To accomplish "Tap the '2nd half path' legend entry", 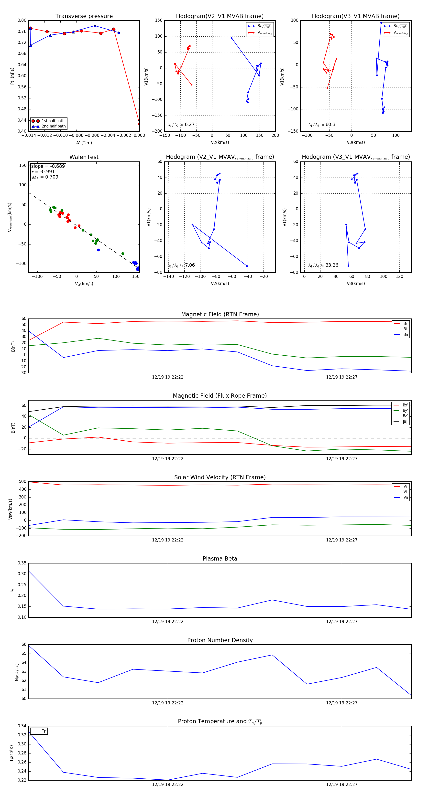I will pyautogui.click(x=54, y=127).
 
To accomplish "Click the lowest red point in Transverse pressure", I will pyautogui.click(x=139, y=124).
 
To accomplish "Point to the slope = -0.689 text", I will pyautogui.click(x=48, y=166).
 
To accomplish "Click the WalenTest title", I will pyautogui.click(x=84, y=157).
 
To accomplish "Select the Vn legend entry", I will pyautogui.click(x=405, y=498).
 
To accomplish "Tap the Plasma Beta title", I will pyautogui.click(x=220, y=559).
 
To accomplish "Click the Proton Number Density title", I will pyautogui.click(x=220, y=640).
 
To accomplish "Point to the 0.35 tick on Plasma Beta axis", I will pyautogui.click(x=22, y=563).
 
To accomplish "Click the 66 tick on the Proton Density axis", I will pyautogui.click(x=24, y=644).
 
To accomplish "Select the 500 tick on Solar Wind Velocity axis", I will pyautogui.click(x=22, y=482).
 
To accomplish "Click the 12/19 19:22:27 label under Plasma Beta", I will pyautogui.click(x=341, y=621).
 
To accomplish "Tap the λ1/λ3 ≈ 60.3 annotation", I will pyautogui.click(x=322, y=125).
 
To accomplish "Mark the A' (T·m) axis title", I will pyautogui.click(x=84, y=143).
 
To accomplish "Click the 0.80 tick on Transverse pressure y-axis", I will pyautogui.click(x=22, y=20).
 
